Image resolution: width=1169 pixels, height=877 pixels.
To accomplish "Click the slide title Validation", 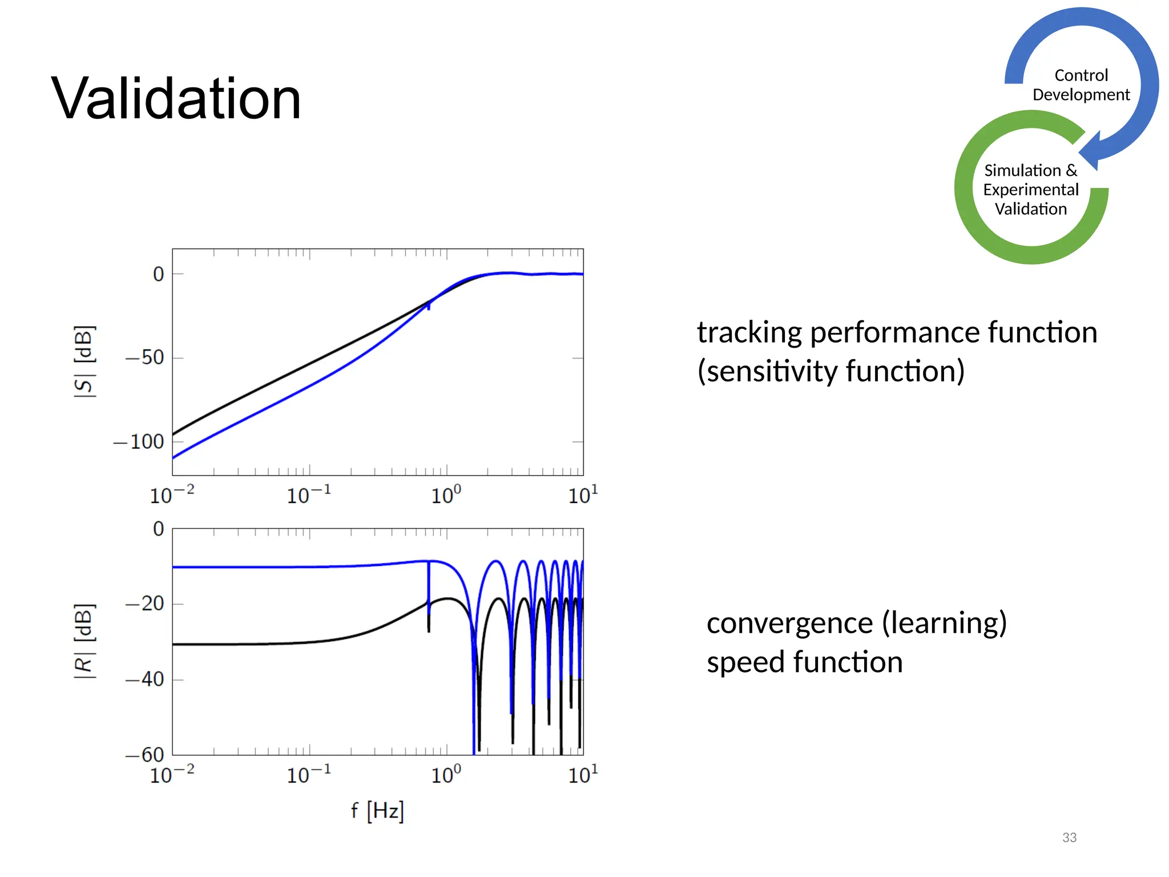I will (x=176, y=99).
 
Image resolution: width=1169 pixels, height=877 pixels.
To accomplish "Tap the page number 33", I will (x=1069, y=838).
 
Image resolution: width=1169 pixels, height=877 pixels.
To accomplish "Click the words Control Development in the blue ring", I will (x=1081, y=85).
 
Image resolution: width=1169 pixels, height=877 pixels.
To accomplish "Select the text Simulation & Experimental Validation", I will (x=1030, y=190).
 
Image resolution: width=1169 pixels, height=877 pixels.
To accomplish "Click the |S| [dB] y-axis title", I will (x=84, y=361).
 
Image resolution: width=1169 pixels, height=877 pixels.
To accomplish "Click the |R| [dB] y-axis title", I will (x=84, y=641).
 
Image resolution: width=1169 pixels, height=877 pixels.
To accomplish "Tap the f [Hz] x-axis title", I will (x=377, y=810).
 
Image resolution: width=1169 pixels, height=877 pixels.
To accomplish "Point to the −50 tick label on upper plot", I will (x=145, y=358).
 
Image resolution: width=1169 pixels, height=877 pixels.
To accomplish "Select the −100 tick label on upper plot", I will (x=139, y=442).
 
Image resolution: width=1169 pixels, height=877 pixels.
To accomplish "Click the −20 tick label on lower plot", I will (x=145, y=604).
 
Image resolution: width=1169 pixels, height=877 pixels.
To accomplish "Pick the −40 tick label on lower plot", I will (x=145, y=679).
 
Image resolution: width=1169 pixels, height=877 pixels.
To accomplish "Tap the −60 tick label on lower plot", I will (x=145, y=755).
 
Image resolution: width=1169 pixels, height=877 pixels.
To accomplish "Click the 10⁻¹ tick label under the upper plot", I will (x=309, y=495).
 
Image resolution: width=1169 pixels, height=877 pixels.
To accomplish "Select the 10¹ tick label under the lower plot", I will (x=583, y=775).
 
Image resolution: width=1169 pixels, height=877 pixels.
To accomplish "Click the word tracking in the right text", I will (x=749, y=333).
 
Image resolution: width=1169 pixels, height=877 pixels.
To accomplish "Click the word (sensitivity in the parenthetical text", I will (x=767, y=372).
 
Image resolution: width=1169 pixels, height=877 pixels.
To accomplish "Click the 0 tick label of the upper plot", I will (x=158, y=275).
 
